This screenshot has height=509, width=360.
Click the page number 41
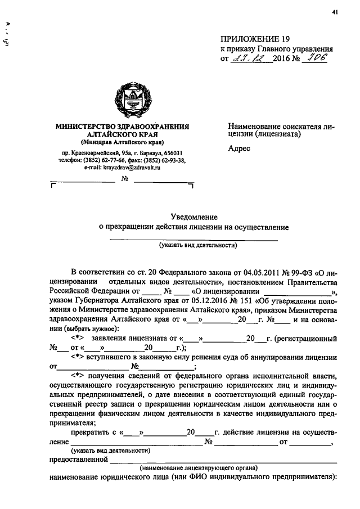point(335,12)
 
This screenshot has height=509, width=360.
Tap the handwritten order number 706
point(316,58)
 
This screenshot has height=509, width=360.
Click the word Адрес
point(238,148)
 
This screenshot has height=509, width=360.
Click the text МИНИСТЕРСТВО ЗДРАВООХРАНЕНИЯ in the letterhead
point(122,127)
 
